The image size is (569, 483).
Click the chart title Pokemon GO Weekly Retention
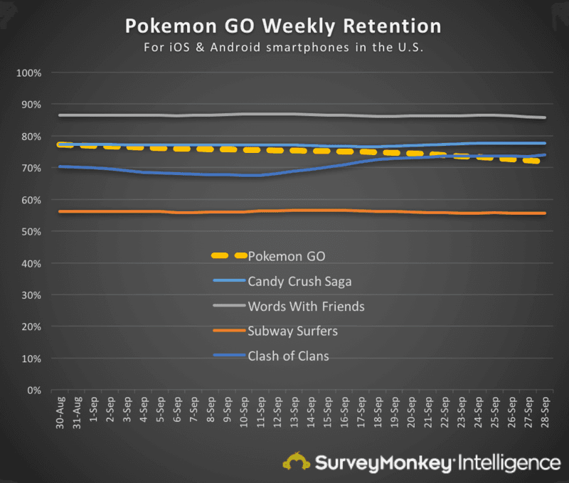point(283,26)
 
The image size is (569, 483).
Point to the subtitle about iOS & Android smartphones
point(283,48)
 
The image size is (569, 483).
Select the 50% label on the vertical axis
point(33,232)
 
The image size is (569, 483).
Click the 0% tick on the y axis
point(36,391)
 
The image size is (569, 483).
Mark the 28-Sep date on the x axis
point(545,412)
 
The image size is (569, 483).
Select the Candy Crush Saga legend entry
point(299,281)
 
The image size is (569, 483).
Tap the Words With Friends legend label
point(306,307)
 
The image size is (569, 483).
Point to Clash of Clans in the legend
point(288,356)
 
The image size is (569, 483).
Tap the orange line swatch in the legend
point(229,331)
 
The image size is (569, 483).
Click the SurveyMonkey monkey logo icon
point(295,462)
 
